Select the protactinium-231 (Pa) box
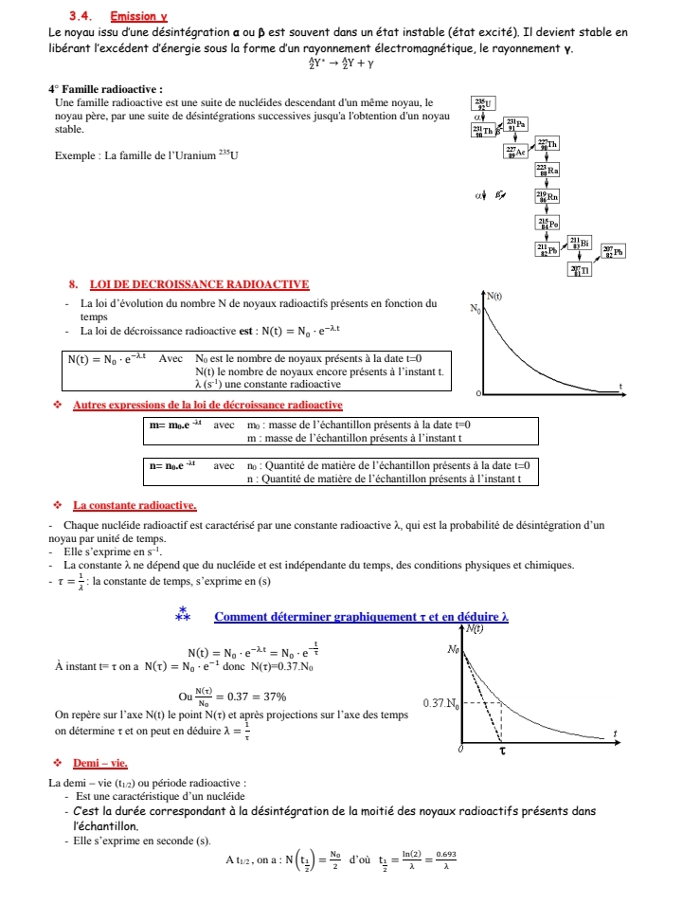pos(516,123)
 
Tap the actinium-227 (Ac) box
pos(514,151)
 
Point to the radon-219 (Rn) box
pos(547,196)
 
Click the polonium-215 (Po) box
pos(547,223)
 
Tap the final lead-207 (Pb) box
pos(613,251)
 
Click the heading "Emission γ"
pos(138,16)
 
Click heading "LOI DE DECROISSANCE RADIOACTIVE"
pos(199,284)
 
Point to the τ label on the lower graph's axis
pos(503,750)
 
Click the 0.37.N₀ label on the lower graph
pos(441,704)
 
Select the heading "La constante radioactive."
pos(135,505)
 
